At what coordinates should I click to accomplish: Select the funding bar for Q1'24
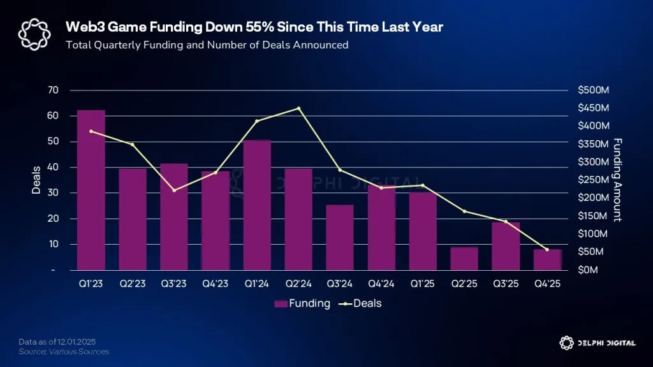click(257, 205)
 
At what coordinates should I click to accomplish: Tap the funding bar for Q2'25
click(464, 258)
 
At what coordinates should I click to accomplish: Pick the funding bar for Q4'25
click(547, 259)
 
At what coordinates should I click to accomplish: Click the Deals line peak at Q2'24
click(298, 108)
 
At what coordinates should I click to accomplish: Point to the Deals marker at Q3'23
click(174, 191)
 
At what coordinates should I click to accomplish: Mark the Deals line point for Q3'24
click(340, 170)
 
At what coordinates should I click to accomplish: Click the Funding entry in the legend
click(302, 303)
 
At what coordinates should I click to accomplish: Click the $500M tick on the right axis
click(593, 90)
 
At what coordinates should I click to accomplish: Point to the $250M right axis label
click(593, 180)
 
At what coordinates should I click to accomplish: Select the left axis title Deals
click(36, 180)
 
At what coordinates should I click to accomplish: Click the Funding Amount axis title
click(617, 180)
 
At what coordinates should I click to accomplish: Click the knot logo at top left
click(33, 33)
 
